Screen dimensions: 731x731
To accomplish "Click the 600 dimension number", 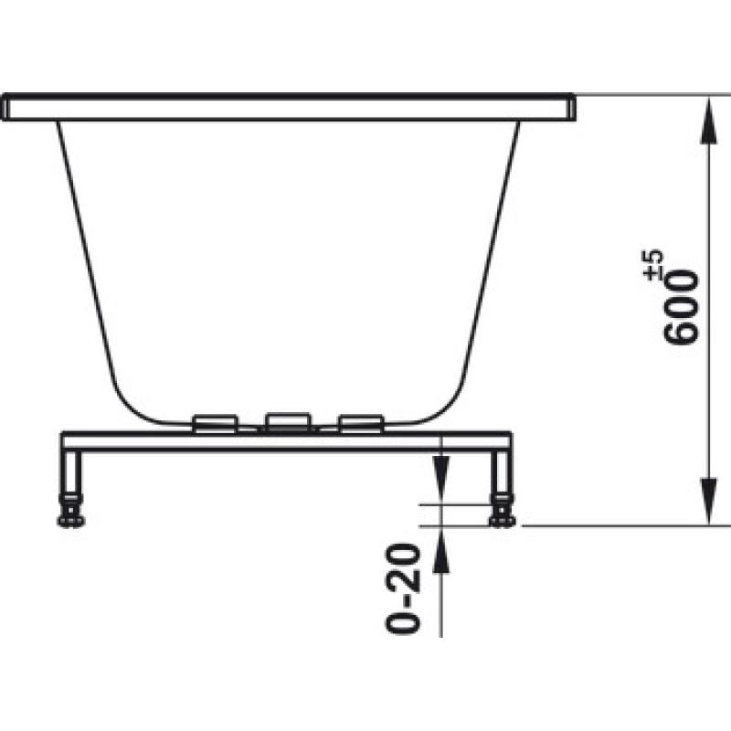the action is click(x=681, y=308).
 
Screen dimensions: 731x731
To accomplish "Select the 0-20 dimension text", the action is click(x=403, y=588).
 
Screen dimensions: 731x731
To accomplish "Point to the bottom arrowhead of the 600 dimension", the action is click(x=709, y=501).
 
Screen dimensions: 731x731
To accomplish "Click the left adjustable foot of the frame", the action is click(x=71, y=512).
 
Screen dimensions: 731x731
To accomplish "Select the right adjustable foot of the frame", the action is click(x=502, y=512).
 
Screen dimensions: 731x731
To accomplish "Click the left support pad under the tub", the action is click(x=216, y=423).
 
